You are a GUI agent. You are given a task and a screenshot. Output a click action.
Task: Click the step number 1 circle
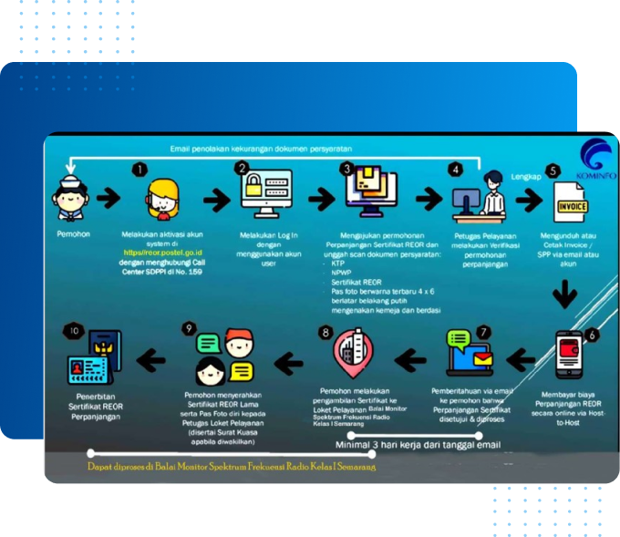coord(139,169)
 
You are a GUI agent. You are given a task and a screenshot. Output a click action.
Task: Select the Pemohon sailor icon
coord(69,199)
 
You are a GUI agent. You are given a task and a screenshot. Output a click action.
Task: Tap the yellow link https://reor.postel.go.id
coord(163,251)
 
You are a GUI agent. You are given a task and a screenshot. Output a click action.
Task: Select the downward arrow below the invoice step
coord(567,293)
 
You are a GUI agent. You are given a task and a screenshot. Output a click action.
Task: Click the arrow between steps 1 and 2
coord(215,199)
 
